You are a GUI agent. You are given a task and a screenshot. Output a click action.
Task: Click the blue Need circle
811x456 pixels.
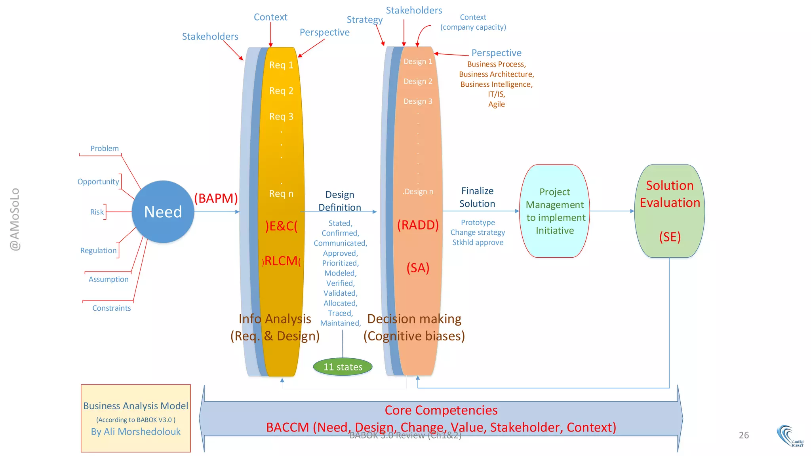(x=163, y=212)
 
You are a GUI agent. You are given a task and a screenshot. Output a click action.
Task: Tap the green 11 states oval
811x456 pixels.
(x=343, y=367)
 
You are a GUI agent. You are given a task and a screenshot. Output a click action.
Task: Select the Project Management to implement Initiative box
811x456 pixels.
(x=554, y=211)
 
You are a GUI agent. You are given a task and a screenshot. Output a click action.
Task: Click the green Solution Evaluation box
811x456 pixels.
(x=670, y=211)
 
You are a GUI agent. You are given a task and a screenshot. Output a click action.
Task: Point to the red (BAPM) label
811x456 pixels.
(x=216, y=198)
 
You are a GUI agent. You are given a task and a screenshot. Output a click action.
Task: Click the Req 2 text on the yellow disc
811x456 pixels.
(x=281, y=91)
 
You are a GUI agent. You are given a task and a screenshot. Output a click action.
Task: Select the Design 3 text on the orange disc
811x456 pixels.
(x=418, y=101)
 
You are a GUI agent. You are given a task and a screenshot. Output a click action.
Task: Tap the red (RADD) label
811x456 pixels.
(x=418, y=225)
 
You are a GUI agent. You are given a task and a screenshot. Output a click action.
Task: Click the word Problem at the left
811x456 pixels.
(x=105, y=148)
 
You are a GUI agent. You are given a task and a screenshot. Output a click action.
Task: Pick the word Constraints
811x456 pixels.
(x=112, y=308)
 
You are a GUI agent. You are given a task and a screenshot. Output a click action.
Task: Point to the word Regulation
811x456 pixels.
(x=99, y=251)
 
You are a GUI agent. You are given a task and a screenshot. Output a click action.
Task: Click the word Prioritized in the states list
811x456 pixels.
(x=340, y=263)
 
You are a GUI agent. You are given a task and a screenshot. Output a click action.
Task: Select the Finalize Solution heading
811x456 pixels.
(x=477, y=197)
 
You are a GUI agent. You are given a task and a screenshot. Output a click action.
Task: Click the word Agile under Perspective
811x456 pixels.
(x=496, y=104)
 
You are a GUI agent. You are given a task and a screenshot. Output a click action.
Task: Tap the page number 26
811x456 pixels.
(x=744, y=435)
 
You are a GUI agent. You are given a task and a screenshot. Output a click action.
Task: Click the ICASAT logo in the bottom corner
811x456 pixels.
(x=790, y=436)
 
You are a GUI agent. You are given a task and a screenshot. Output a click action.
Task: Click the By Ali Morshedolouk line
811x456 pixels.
(x=136, y=431)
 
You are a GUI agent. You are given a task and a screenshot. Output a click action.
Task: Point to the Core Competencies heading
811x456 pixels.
(x=441, y=410)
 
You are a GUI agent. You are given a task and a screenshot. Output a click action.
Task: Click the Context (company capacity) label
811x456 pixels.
(x=473, y=22)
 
